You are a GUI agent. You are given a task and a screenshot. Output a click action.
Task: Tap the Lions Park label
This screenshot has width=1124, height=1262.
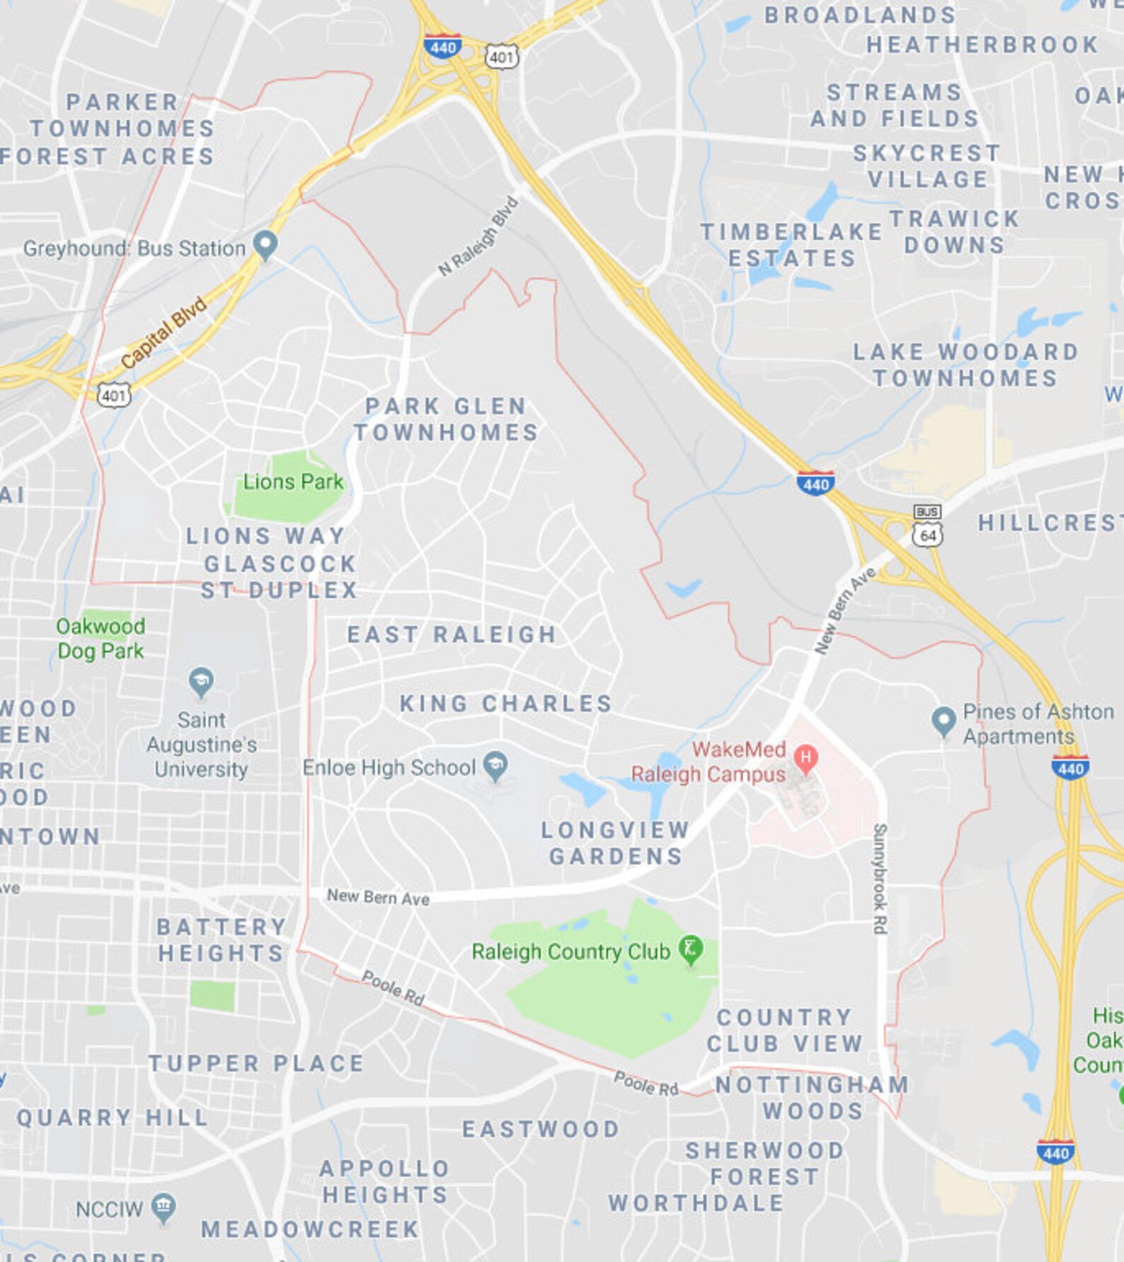point(292,482)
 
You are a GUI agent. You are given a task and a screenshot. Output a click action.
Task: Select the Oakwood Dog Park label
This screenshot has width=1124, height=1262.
point(101,638)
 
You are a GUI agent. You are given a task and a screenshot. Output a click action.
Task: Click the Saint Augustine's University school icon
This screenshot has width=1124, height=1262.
point(202,682)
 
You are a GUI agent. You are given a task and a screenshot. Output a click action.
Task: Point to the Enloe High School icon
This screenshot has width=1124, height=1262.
point(495,765)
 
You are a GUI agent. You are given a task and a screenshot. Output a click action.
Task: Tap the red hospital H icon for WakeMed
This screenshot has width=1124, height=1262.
point(805,757)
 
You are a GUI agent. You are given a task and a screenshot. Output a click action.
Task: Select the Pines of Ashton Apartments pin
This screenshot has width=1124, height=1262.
point(943,721)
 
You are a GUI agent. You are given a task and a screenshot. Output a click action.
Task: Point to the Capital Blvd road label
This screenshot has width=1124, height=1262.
point(164,332)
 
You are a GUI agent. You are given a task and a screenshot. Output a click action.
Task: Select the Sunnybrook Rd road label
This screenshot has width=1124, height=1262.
point(880,878)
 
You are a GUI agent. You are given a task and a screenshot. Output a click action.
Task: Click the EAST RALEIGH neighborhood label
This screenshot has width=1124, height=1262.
point(452,634)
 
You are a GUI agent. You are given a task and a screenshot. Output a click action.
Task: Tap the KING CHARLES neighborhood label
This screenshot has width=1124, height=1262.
point(505,704)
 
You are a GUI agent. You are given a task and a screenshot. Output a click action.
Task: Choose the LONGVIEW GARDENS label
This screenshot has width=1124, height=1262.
point(615,843)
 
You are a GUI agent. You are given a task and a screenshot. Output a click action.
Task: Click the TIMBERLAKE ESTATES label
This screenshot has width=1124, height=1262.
point(791,245)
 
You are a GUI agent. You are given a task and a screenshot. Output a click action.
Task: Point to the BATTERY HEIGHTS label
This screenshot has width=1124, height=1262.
point(221,940)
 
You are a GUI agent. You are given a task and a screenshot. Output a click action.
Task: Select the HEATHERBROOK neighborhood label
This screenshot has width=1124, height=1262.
point(982,45)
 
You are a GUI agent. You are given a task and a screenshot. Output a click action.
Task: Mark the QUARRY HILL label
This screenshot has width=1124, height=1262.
point(113,1118)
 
